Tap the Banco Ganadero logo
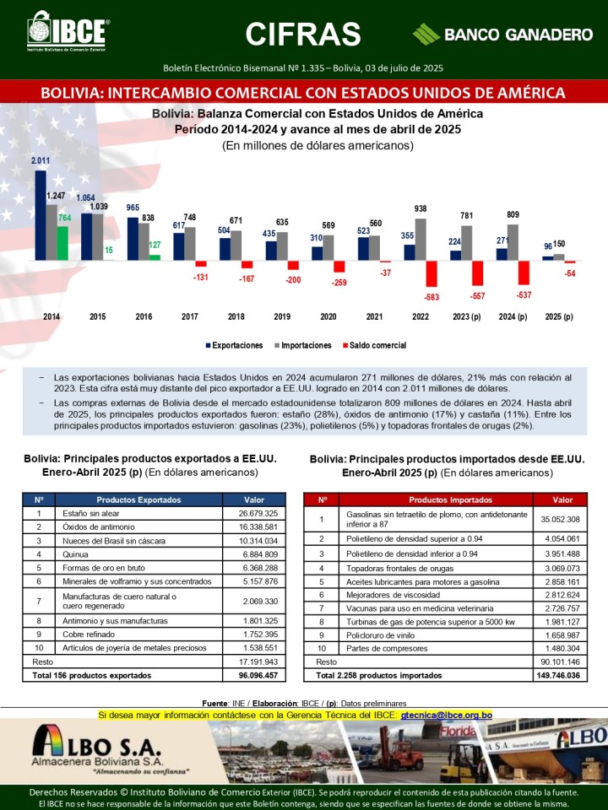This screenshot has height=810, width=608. (502, 35)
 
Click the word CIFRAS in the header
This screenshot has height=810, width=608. (303, 34)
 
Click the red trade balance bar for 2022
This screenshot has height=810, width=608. (431, 274)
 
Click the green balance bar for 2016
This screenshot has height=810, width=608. (155, 256)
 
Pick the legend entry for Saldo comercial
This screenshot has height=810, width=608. (374, 345)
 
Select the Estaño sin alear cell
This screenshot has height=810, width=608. (138, 513)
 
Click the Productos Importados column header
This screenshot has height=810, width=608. (437, 499)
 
